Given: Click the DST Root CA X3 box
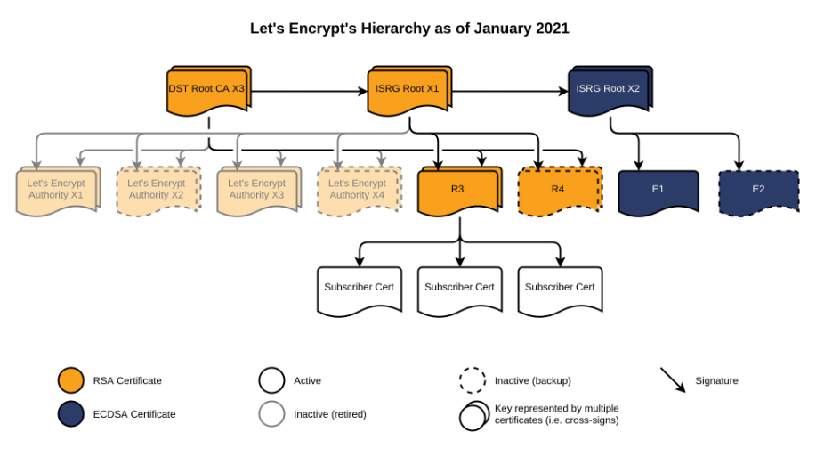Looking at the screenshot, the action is pos(209,91).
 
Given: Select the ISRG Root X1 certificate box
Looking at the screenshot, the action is pos(409,91).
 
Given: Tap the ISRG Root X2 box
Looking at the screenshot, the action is pos(610,91).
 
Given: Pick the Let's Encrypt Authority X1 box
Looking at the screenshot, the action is pos(59,192).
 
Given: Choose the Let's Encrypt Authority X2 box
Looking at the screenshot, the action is pos(158,192).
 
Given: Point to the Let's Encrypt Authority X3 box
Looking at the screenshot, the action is pos(259,192).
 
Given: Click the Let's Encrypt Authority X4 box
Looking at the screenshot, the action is pos(360,192).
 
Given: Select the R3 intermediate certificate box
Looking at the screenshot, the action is pos(460,192).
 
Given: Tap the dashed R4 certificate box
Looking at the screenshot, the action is pos(561,192).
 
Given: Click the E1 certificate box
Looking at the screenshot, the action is pos(658,192).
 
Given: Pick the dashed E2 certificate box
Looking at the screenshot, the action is pos(759,192).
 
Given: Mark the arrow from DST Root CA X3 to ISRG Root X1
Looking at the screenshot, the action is pos(310,91).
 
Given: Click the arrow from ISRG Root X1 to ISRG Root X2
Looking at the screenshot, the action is pos(510,91).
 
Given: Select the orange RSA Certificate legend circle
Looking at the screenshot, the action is pos(71,380).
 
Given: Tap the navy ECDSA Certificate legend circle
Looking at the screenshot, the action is pos(71,413).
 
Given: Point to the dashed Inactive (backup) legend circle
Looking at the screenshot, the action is pos(473,380).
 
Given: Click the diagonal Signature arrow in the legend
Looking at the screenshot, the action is pos(674,380).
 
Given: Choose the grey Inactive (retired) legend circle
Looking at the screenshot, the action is pos(271,413).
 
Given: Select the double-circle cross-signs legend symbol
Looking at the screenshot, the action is pos(474,416).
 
